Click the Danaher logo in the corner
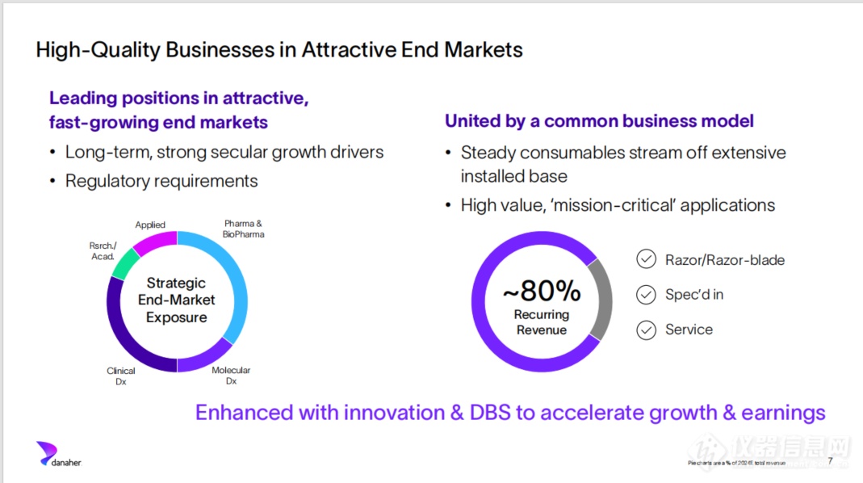tap(58, 454)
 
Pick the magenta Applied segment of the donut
tap(154, 241)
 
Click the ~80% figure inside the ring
tap(542, 290)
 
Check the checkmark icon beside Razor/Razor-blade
tap(646, 259)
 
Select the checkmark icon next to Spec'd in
tap(646, 295)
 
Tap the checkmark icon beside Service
tap(646, 330)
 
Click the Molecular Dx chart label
tap(231, 376)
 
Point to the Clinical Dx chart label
tap(121, 376)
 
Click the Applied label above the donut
tap(150, 225)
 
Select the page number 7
tap(830, 460)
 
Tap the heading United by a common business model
tap(599, 121)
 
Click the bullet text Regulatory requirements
tap(161, 181)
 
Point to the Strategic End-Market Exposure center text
tap(176, 300)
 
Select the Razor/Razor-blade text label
tap(725, 260)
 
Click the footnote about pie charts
tap(736, 463)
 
